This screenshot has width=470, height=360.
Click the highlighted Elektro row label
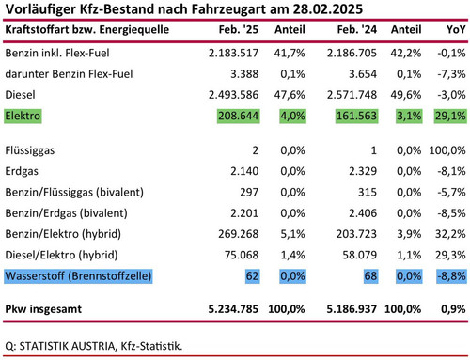pos(23,116)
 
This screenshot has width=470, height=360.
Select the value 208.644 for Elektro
pos(239,116)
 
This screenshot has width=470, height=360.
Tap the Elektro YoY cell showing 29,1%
pos(450,116)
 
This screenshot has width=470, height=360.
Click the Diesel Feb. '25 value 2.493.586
pos(233,95)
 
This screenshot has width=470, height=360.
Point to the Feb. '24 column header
pos(357,29)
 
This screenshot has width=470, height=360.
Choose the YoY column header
pos(456,29)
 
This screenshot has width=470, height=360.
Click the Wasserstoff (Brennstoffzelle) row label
pos(78,276)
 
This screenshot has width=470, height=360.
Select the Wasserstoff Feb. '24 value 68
pos(370,276)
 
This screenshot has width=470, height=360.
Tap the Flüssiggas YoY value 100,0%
pos(447,150)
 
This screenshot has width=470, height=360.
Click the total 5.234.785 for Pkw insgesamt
pos(233,309)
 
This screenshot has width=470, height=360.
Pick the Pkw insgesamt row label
pos(43,309)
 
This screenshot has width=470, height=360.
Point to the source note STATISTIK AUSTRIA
pos(67,346)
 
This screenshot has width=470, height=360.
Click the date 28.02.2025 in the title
pos(328,9)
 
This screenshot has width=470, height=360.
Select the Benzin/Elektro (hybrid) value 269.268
pos(239,234)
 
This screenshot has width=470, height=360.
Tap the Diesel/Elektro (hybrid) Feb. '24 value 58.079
pos(359,255)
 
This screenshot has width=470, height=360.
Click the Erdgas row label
pos(22,171)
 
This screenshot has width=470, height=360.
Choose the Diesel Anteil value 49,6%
pos(406,95)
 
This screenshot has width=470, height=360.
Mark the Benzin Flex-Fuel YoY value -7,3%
pos(451,74)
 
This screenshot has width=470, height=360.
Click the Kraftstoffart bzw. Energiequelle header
pos(87,29)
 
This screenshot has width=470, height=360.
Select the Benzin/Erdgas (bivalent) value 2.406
pos(363,213)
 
